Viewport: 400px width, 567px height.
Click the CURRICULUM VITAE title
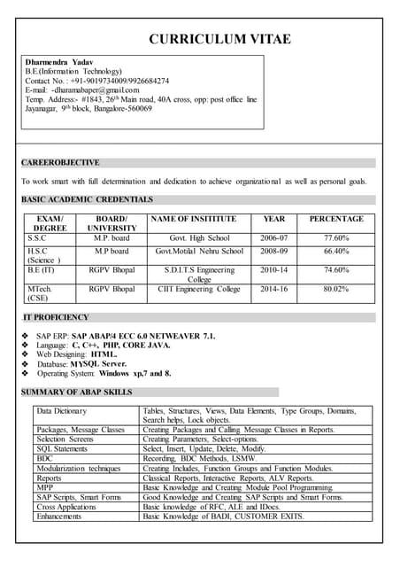(x=219, y=39)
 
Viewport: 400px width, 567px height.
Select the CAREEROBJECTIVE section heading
(x=60, y=163)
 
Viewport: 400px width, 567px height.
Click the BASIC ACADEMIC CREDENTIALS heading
(x=87, y=199)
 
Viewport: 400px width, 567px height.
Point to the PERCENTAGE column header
(x=335, y=219)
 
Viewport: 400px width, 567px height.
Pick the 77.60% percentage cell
(x=335, y=238)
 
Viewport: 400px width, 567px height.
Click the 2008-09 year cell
(x=273, y=252)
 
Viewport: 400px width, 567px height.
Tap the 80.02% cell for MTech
(x=335, y=289)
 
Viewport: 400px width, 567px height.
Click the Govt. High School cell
(x=199, y=238)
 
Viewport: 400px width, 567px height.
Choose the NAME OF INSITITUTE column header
(x=194, y=219)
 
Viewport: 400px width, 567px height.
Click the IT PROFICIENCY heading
(x=56, y=317)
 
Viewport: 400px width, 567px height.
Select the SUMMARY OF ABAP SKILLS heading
(x=88, y=392)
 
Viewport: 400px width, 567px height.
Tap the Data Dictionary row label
(x=62, y=411)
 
